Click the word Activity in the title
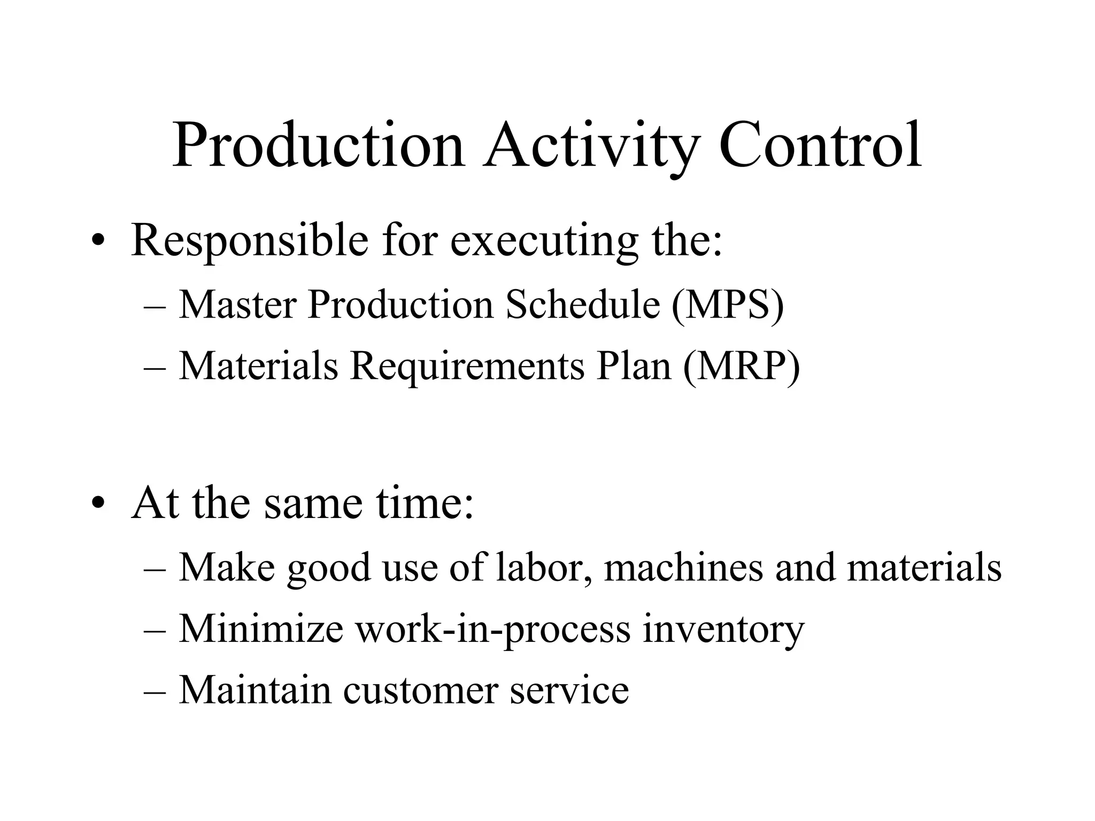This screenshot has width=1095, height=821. point(591,145)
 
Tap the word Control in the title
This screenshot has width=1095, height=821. point(820,145)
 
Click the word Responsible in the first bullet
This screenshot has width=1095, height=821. point(250,240)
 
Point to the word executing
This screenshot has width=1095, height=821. point(544,240)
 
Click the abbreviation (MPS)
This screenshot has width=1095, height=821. point(728,305)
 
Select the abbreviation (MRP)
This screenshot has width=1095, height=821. point(742,366)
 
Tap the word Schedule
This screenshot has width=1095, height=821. point(583,305)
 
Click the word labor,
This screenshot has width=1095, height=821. point(544,567)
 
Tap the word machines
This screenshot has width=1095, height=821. point(683,567)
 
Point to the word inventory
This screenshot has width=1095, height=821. point(723,629)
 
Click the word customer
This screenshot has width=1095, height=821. point(420,690)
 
